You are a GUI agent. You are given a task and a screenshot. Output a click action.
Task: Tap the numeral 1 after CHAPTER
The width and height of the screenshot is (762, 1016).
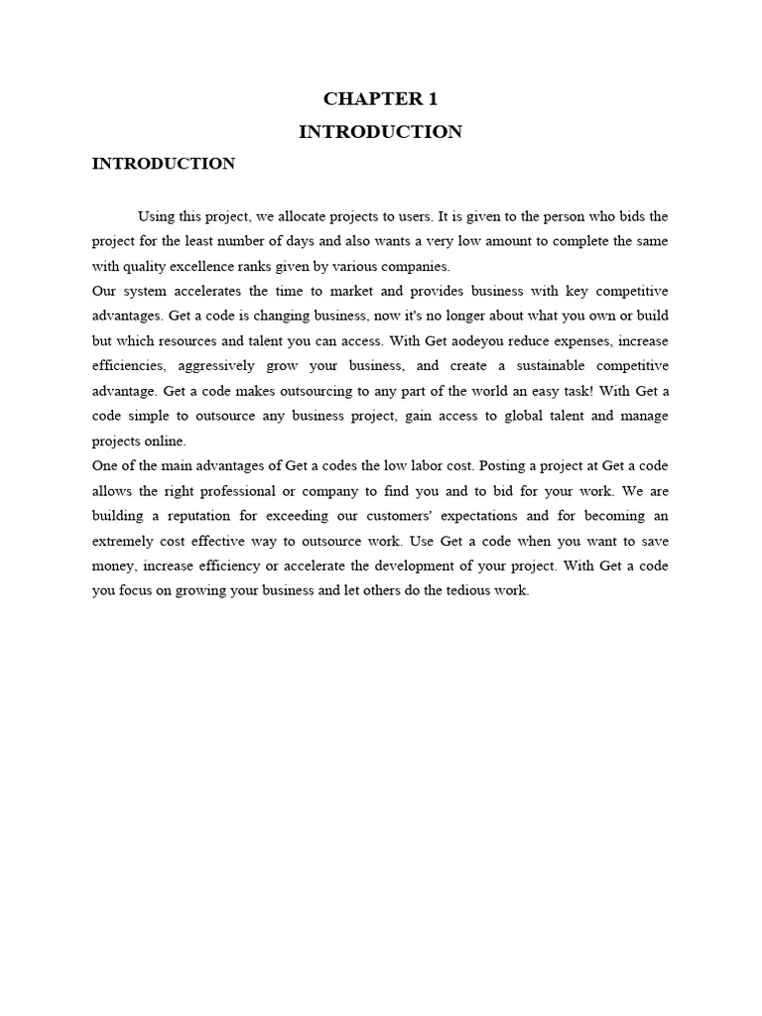click(x=433, y=98)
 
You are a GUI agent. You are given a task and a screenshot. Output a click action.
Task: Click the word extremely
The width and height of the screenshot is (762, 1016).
click(x=120, y=541)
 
